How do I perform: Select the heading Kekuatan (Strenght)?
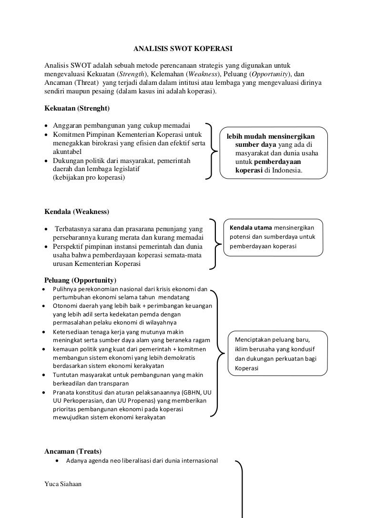[77, 109]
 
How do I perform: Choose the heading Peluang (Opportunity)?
[80, 280]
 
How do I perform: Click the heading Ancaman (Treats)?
[72, 451]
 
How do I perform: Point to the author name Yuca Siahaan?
[63, 484]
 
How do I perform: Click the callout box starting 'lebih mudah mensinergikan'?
[274, 153]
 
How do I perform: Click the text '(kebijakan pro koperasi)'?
[88, 178]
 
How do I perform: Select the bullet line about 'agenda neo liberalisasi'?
[142, 461]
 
